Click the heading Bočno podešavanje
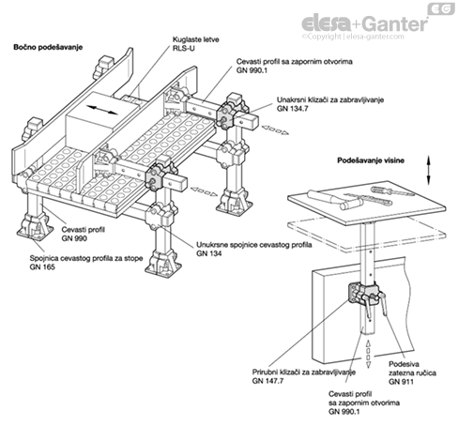[x=48, y=47]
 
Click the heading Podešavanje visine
[x=371, y=160]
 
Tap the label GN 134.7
[x=292, y=109]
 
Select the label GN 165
[x=42, y=267]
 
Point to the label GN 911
[x=401, y=382]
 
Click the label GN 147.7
[x=267, y=381]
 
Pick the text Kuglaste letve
[x=196, y=39]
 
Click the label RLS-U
[x=183, y=49]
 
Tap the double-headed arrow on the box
[x=102, y=110]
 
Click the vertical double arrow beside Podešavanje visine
[x=429, y=170]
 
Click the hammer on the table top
[x=335, y=200]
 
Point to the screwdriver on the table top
[x=392, y=190]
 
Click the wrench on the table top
[x=369, y=199]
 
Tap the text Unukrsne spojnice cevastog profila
[x=254, y=245]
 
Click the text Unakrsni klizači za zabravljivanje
[x=330, y=99]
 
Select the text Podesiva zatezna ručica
[x=412, y=369]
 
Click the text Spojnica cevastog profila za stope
[x=86, y=258]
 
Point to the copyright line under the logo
[x=353, y=37]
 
